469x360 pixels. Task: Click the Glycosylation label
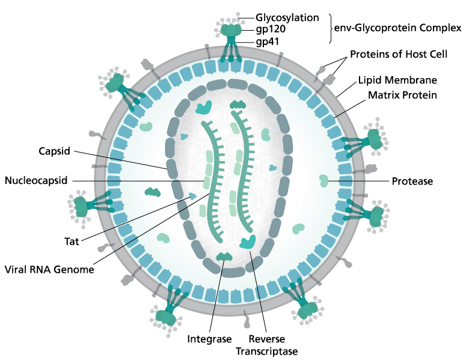287,17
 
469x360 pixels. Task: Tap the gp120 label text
271,29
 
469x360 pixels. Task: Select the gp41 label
268,41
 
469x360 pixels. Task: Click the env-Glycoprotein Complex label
398,28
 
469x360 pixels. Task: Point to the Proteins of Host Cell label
399,54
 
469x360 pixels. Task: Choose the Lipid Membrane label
397,80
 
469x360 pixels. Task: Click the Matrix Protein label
402,95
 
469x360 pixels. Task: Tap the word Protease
412,181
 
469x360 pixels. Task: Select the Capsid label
55,151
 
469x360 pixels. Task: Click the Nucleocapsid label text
36,180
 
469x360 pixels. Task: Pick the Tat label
72,241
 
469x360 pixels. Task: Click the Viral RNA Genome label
49,269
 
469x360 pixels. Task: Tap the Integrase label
209,339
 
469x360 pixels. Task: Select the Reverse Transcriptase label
267,345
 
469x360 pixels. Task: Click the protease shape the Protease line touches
323,181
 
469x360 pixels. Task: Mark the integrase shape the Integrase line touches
224,257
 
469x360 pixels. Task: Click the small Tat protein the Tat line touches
192,196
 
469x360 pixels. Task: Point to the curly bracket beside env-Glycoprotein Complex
330,28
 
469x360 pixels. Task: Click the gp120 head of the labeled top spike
231,30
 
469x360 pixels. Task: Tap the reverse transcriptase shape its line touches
248,242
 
